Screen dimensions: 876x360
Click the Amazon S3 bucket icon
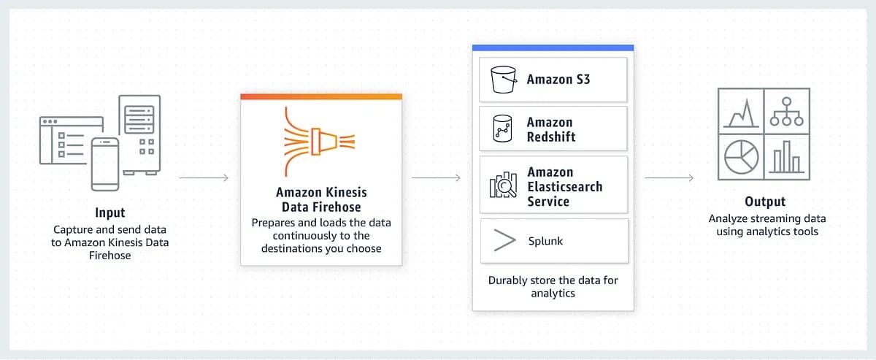coord(504,80)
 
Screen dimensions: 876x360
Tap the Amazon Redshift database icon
coord(502,129)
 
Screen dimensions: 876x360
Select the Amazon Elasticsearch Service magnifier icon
coord(503,185)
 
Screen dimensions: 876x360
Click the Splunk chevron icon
coord(504,240)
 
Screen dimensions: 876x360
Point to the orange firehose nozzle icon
coord(320,142)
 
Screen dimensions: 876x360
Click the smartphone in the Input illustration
coord(105,164)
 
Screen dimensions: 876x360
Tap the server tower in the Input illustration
coord(139,134)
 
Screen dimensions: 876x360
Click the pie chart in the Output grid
coord(741,157)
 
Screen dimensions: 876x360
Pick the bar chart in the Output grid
coord(787,157)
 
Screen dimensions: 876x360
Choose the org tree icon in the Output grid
coord(786,112)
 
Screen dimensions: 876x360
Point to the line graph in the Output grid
coord(741,113)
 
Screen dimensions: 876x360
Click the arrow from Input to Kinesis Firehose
coord(204,178)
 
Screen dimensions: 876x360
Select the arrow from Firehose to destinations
coord(436,178)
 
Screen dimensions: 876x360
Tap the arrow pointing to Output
coord(669,178)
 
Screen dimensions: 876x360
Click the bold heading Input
coord(110,212)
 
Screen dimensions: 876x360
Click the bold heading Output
coord(765,202)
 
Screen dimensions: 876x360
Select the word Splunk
coord(545,241)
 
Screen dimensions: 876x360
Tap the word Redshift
coord(551,137)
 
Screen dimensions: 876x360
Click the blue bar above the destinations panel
coord(553,47)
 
